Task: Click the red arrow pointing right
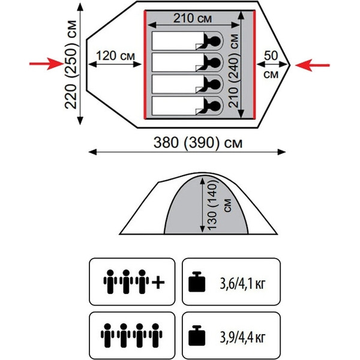tap(46, 64)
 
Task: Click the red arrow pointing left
tap(312, 65)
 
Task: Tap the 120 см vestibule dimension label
tap(115, 56)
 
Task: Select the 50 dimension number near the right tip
tap(271, 56)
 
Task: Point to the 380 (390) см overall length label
tap(197, 142)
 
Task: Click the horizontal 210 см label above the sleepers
tap(193, 19)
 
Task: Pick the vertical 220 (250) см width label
tap(70, 65)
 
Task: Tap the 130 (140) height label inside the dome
tap(212, 204)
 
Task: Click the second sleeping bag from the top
tap(178, 62)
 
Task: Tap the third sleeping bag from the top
tap(178, 84)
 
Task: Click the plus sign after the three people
tap(158, 282)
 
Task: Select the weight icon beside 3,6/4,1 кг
tap(197, 282)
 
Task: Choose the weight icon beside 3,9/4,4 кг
tap(197, 335)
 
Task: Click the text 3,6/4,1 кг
tap(242, 284)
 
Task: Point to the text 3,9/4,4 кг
tap(242, 337)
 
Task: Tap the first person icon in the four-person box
tap(107, 335)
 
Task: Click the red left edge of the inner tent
tap(145, 65)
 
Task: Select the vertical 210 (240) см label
tap(234, 70)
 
